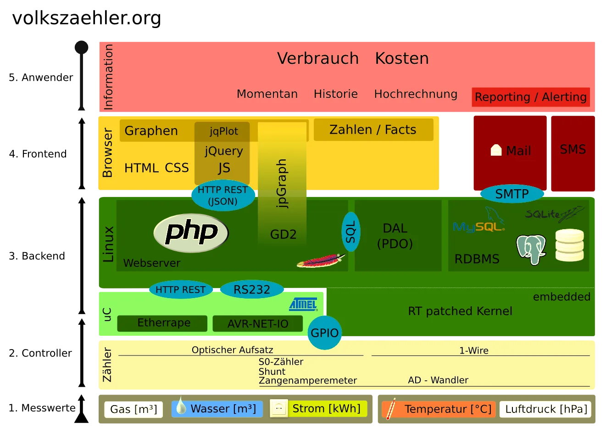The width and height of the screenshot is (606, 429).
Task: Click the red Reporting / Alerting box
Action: click(531, 97)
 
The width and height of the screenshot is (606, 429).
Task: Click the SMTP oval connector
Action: click(512, 194)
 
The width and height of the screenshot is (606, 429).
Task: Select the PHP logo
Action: click(191, 233)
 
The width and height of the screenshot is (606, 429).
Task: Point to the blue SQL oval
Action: click(351, 231)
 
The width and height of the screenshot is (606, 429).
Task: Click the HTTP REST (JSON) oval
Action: click(223, 196)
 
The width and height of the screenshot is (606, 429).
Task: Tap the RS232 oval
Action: click(252, 289)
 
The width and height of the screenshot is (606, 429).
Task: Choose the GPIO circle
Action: click(324, 333)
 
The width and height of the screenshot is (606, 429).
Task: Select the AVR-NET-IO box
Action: click(258, 323)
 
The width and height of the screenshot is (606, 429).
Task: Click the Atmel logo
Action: click(303, 304)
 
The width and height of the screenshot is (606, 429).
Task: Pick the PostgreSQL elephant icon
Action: click(531, 249)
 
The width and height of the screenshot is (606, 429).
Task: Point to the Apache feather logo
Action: click(321, 261)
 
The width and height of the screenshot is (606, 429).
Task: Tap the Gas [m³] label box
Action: click(133, 409)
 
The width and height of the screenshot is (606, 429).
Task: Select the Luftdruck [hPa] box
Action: click(545, 409)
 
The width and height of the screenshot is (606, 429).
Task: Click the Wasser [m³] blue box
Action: click(217, 409)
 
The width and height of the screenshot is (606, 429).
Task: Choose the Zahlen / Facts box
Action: click(373, 130)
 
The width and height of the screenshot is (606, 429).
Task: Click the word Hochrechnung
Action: click(416, 94)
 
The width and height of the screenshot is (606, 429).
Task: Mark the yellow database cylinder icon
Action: click(570, 245)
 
